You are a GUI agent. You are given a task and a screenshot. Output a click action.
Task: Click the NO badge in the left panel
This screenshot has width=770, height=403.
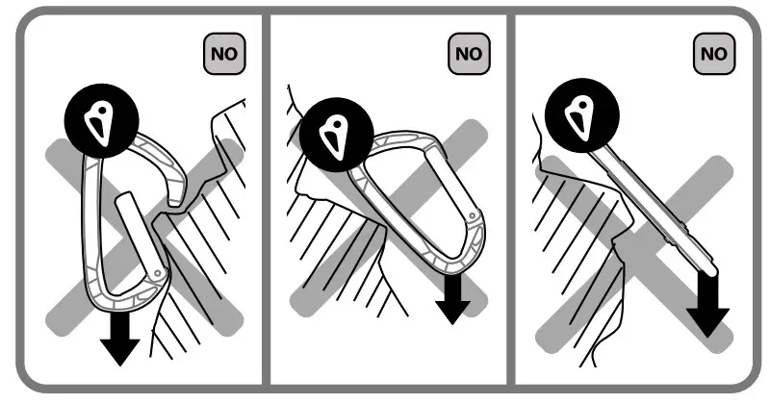pyautogui.click(x=223, y=53)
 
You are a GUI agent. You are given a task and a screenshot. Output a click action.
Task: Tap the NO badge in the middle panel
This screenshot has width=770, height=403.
pyautogui.click(x=469, y=53)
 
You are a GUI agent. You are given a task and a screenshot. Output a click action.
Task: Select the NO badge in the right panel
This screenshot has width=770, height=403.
pyautogui.click(x=714, y=53)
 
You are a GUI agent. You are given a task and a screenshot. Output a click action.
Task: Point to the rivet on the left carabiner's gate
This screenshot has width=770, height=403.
pyautogui.click(x=157, y=273)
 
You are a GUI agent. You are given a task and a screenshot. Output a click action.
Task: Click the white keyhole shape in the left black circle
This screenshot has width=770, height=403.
pyautogui.click(x=98, y=122)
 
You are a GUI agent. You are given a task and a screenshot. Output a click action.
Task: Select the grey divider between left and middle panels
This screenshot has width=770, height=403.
pyautogui.click(x=265, y=201)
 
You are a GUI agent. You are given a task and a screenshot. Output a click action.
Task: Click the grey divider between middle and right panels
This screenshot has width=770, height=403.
pyautogui.click(x=511, y=201)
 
